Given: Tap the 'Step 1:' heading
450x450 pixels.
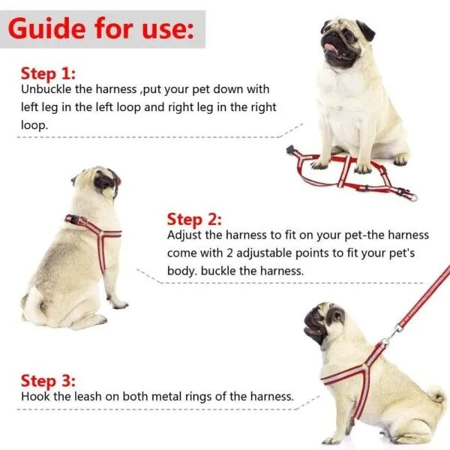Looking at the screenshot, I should click(x=48, y=73).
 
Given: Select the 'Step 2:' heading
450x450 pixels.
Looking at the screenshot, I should click(x=194, y=219).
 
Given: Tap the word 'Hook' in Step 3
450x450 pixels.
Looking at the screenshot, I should click(x=34, y=396).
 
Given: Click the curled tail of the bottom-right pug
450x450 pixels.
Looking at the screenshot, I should click(x=436, y=395).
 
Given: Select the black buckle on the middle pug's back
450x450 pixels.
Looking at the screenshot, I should click(x=73, y=220).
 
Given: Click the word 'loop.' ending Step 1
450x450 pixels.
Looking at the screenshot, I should click(x=33, y=125).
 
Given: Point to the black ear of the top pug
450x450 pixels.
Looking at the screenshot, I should click(x=365, y=30).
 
